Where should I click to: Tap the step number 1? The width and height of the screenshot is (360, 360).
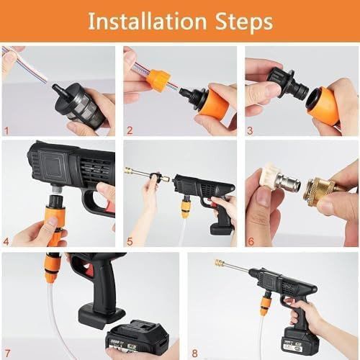pos(6,130)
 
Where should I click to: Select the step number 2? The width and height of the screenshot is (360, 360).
pos(130,130)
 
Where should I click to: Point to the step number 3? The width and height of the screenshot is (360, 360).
pos(251,130)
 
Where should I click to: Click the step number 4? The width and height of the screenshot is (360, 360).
pos(7,241)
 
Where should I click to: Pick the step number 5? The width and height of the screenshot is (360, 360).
pos(130,241)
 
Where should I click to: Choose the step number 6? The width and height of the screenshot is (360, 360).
pos(251,241)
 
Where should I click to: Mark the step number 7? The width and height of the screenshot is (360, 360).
pos(7,352)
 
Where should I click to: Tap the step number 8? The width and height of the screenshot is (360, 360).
pos(194,352)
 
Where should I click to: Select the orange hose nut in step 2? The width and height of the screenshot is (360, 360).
pos(158,80)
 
